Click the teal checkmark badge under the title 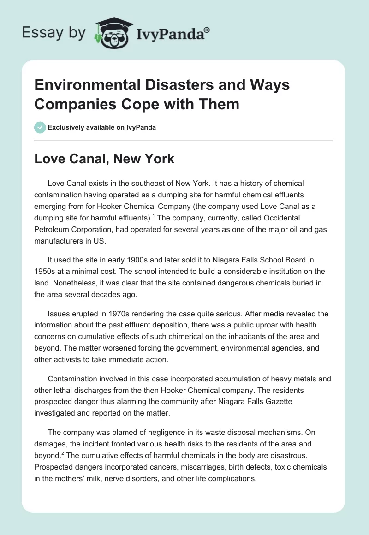click(x=41, y=127)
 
